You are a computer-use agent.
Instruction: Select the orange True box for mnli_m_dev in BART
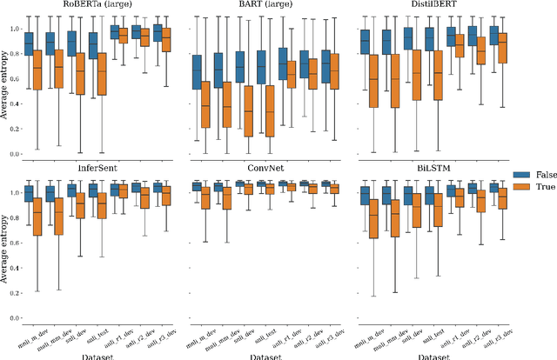point(206,104)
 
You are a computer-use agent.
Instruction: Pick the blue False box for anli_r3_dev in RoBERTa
point(158,34)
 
